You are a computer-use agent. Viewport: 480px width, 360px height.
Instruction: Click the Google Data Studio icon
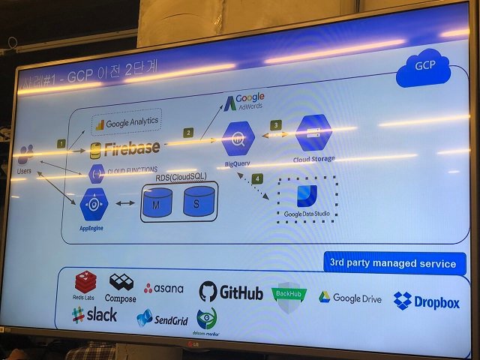307,195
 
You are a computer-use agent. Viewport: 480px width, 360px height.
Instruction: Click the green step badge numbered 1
61,143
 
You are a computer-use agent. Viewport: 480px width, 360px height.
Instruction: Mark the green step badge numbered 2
188,133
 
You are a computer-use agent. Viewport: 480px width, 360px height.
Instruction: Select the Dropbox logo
426,301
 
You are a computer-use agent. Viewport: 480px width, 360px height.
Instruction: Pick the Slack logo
94,315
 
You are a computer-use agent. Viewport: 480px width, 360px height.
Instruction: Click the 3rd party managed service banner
394,263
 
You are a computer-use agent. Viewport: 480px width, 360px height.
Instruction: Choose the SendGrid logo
162,318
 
